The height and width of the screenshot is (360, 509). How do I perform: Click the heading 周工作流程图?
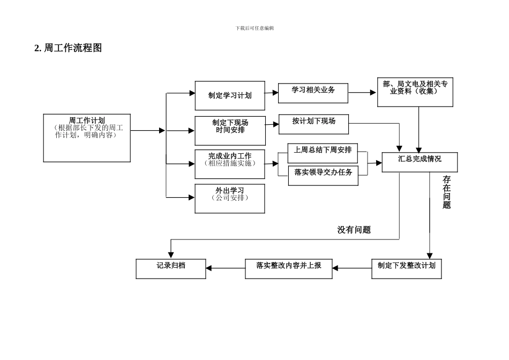tap(68, 48)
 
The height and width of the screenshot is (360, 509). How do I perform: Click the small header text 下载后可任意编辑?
tap(254, 28)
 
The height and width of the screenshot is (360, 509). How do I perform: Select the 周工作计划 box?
tap(87, 138)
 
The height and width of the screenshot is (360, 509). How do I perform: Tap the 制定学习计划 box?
tap(230, 96)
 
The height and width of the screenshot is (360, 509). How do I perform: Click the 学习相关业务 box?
tap(313, 93)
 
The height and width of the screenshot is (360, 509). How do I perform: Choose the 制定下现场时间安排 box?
tap(230, 130)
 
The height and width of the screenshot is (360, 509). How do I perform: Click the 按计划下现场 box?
tap(313, 124)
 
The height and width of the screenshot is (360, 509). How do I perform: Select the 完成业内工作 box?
tap(230, 164)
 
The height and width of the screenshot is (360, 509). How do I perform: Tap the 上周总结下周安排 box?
tap(323, 153)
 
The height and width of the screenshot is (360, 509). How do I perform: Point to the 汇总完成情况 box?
tap(420, 162)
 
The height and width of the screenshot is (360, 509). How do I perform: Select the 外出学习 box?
tap(230, 198)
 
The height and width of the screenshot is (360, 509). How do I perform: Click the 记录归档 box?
tap(170, 268)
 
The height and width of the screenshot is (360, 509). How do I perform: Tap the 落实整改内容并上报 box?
tap(288, 268)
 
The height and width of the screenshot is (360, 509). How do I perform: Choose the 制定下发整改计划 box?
tap(406, 268)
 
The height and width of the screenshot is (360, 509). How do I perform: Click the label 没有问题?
tap(354, 230)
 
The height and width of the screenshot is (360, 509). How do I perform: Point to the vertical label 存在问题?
tap(446, 192)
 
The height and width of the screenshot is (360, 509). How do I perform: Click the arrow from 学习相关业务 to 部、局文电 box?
tap(362, 93)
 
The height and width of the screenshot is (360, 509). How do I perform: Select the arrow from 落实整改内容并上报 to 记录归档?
tap(225, 268)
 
